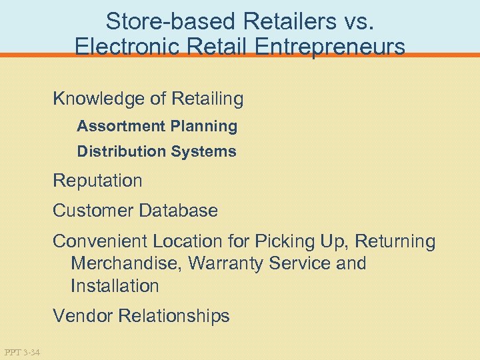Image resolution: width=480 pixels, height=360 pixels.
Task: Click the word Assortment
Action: pyautogui.click(x=121, y=126)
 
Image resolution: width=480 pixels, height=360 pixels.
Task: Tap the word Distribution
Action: pyautogui.click(x=121, y=151)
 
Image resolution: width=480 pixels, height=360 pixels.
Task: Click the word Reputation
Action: pyautogui.click(x=97, y=181)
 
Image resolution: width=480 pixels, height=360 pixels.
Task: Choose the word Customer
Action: pyautogui.click(x=93, y=211)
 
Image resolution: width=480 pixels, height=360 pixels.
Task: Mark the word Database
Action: pyautogui.click(x=178, y=211)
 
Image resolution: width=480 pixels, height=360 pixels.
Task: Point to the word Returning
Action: pyautogui.click(x=397, y=241)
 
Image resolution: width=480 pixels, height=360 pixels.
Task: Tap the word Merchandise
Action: pyautogui.click(x=124, y=263)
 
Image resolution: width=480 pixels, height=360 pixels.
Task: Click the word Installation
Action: pyautogui.click(x=115, y=286)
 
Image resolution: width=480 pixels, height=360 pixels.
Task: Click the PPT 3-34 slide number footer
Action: pyautogui.click(x=21, y=352)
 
